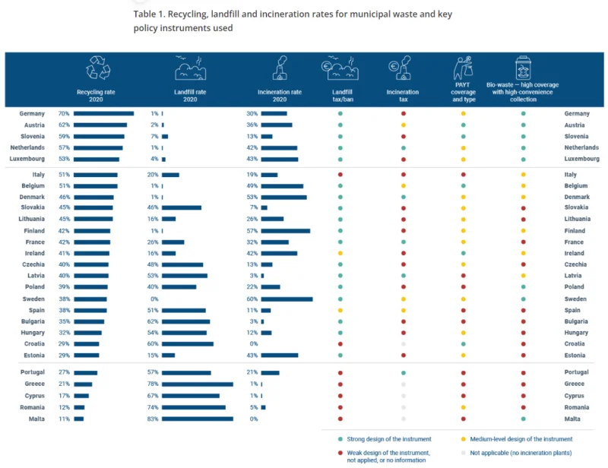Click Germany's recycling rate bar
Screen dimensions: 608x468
[103, 114]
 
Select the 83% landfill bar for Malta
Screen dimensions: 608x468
[198, 419]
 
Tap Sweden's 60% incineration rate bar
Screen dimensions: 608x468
[287, 299]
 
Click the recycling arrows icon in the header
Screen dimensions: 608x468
[98, 68]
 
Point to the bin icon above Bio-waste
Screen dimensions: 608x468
[523, 68]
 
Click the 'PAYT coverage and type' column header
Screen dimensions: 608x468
[463, 92]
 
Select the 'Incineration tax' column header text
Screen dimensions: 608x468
[403, 96]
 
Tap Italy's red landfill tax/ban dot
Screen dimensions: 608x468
[340, 175]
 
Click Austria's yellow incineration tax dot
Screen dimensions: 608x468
[404, 125]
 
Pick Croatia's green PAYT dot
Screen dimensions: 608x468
[463, 344]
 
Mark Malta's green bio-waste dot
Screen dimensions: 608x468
[523, 419]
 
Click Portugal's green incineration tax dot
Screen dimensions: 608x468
[404, 372]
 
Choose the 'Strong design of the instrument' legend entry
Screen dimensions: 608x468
[385, 439]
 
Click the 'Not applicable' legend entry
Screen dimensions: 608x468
[517, 453]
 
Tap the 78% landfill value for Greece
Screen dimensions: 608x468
[153, 384]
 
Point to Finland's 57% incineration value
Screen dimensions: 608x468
[252, 231]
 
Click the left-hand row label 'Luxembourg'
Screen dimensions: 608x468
[27, 159]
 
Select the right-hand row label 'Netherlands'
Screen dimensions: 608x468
[581, 147]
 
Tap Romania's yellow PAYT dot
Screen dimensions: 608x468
[463, 407]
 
